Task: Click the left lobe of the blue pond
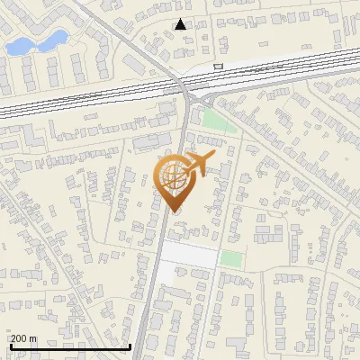pos(18,46)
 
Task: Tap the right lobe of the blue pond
pos(56,38)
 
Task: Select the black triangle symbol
pos(181,24)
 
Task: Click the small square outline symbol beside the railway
pos(218,66)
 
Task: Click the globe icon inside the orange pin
pos(175,178)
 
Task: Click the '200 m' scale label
pos(23,337)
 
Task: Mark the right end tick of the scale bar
pos(130,345)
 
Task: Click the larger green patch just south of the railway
pos(219,121)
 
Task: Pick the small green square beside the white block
pos(231,259)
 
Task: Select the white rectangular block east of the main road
pos(189,256)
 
